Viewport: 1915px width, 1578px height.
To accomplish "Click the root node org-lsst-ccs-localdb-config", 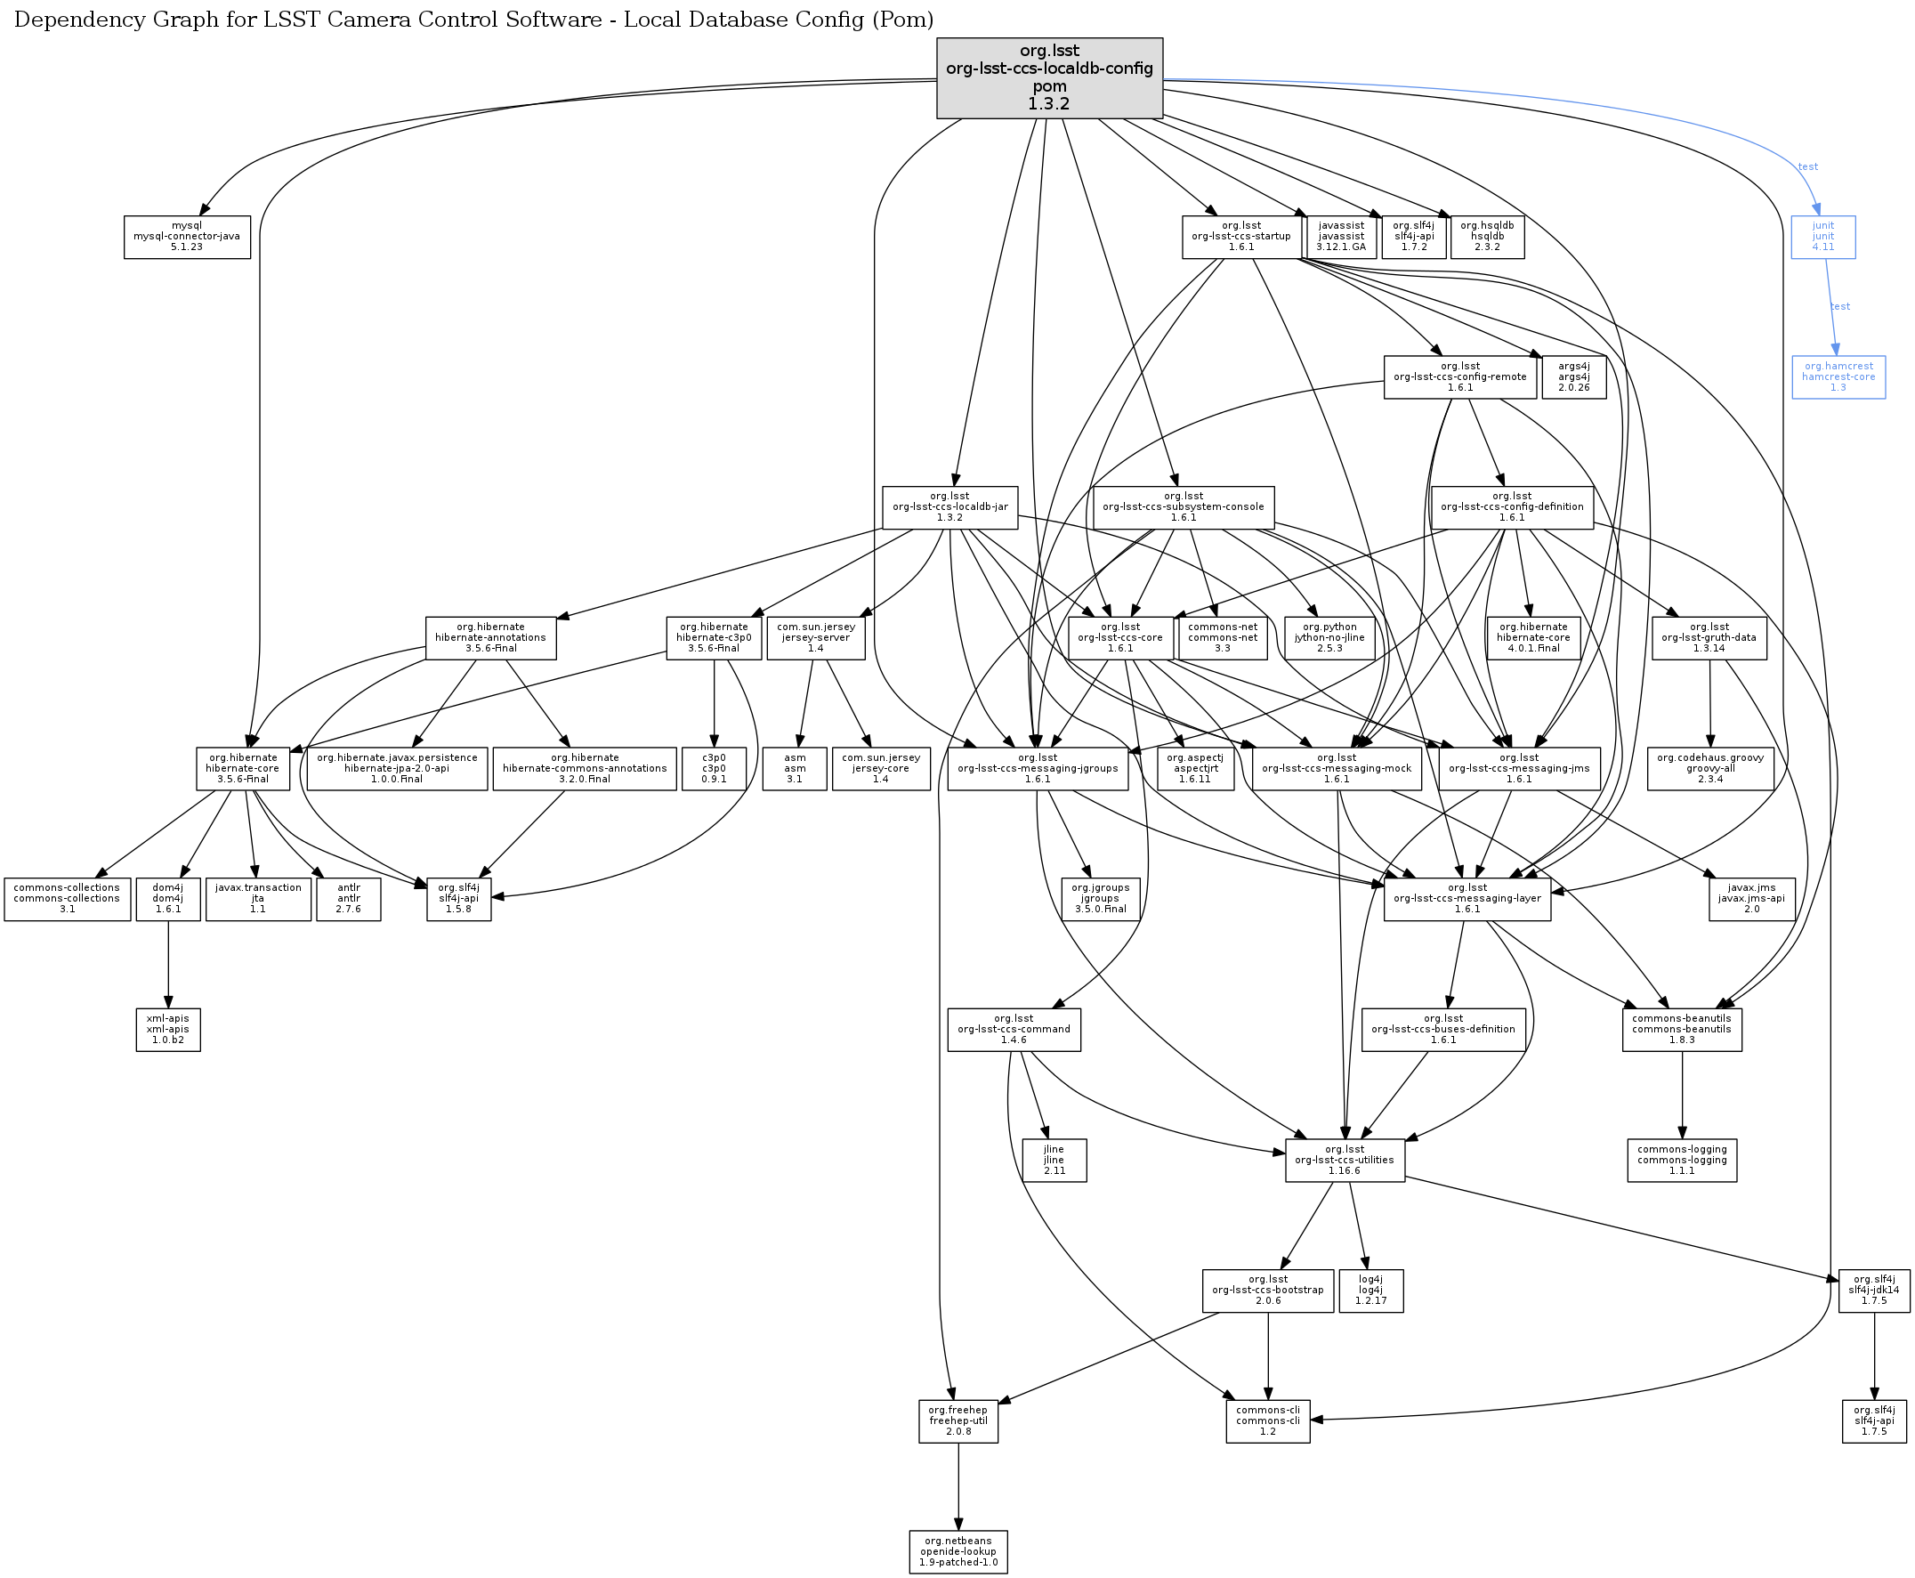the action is tap(1050, 78).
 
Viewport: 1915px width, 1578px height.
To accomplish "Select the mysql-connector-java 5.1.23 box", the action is tap(187, 238).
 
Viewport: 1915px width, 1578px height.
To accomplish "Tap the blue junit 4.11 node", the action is tap(1823, 238).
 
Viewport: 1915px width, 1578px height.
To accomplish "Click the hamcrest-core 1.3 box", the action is tap(1838, 377).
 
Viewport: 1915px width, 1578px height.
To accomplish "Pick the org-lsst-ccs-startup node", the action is tap(1241, 238).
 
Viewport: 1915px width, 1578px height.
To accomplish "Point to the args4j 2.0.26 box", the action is tap(1574, 377).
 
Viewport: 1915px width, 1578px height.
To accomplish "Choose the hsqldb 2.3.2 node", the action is tap(1488, 238).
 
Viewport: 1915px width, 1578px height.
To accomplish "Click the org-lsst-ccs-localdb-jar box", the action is tap(950, 507).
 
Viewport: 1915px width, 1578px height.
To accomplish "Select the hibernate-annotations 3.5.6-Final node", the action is tap(491, 638).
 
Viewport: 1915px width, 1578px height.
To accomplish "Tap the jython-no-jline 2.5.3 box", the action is tap(1329, 638).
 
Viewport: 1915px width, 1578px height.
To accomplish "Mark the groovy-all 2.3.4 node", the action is tap(1710, 769).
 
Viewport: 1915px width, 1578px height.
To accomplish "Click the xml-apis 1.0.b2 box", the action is tap(168, 1030).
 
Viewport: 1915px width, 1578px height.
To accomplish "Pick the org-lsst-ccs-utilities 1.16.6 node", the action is tap(1345, 1161).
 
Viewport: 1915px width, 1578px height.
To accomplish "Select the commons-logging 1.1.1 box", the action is tap(1683, 1161).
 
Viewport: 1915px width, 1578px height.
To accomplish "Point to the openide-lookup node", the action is tap(959, 1552).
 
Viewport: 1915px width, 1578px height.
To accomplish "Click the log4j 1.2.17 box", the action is tap(1371, 1291).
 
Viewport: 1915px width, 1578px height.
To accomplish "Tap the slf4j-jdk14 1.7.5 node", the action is tap(1874, 1291).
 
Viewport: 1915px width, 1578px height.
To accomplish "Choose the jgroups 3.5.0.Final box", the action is tap(1101, 899).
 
